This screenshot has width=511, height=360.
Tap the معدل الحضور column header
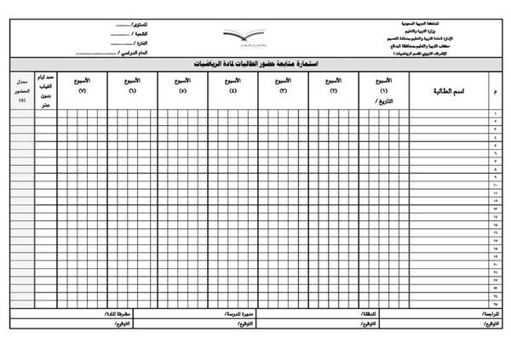tap(22, 89)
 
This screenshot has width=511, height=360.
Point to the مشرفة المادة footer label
tap(111, 313)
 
